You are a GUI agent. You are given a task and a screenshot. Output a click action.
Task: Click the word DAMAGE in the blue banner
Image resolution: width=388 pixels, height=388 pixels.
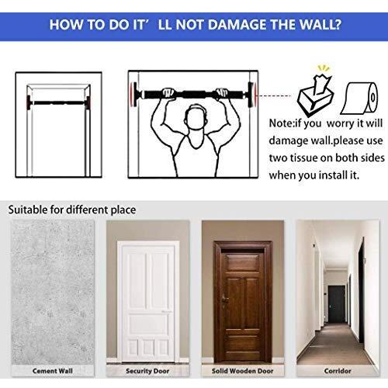pyautogui.click(x=237, y=25)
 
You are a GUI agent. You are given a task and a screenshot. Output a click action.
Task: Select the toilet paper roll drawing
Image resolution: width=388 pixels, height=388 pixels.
pyautogui.click(x=359, y=99)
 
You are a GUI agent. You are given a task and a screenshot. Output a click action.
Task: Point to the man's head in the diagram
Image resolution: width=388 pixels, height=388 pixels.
pyautogui.click(x=196, y=117)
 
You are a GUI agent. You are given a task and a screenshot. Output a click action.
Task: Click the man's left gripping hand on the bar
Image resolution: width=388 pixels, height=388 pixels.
pyautogui.click(x=168, y=92)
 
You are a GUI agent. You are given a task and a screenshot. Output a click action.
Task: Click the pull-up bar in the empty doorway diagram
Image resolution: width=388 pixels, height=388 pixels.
pyautogui.click(x=58, y=102)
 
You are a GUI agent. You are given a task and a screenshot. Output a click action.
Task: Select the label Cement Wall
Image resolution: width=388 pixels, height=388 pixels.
pyautogui.click(x=53, y=371)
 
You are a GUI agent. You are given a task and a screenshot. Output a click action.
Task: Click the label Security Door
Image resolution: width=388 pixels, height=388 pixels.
pyautogui.click(x=147, y=371)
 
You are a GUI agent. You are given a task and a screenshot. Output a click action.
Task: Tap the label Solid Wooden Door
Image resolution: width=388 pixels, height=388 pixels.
pyautogui.click(x=243, y=371)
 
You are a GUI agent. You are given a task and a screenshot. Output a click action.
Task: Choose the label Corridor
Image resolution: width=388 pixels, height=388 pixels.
pyautogui.click(x=338, y=371)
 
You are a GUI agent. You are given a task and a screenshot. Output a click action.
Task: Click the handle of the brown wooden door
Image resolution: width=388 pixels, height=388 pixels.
pyautogui.click(x=223, y=300)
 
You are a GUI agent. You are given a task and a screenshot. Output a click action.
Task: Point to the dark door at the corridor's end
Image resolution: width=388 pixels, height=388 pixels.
pyautogui.click(x=337, y=303)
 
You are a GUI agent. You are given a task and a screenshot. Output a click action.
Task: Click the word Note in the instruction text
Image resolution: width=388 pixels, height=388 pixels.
pyautogui.click(x=281, y=123)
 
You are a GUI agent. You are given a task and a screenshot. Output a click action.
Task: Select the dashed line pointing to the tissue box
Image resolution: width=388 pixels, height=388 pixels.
pyautogui.click(x=275, y=95)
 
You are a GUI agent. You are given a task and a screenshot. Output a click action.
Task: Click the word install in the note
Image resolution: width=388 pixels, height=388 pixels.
pyautogui.click(x=333, y=175)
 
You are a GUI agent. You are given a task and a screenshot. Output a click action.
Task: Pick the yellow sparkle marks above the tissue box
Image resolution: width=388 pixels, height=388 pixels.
pyautogui.click(x=324, y=68)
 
